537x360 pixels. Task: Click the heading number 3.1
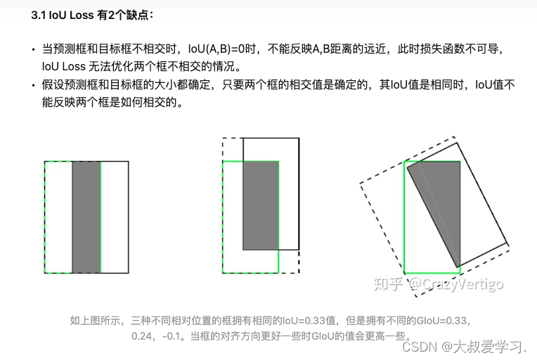[39, 15]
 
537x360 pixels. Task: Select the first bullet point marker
[33, 50]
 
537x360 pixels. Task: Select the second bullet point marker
[33, 85]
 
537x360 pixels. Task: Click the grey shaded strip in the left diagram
[86, 217]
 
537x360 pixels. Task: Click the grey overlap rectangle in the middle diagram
[261, 205]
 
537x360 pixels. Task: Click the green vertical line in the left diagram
[101, 217]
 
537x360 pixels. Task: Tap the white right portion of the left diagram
[115, 217]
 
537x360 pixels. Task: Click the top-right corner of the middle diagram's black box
[299, 139]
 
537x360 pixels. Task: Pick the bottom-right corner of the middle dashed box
[299, 273]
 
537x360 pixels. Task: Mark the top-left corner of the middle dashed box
[223, 139]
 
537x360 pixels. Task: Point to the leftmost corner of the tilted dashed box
[360, 184]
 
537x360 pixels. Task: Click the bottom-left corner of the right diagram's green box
[404, 273]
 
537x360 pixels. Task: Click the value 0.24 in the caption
[141, 336]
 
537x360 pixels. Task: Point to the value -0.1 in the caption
[171, 336]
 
